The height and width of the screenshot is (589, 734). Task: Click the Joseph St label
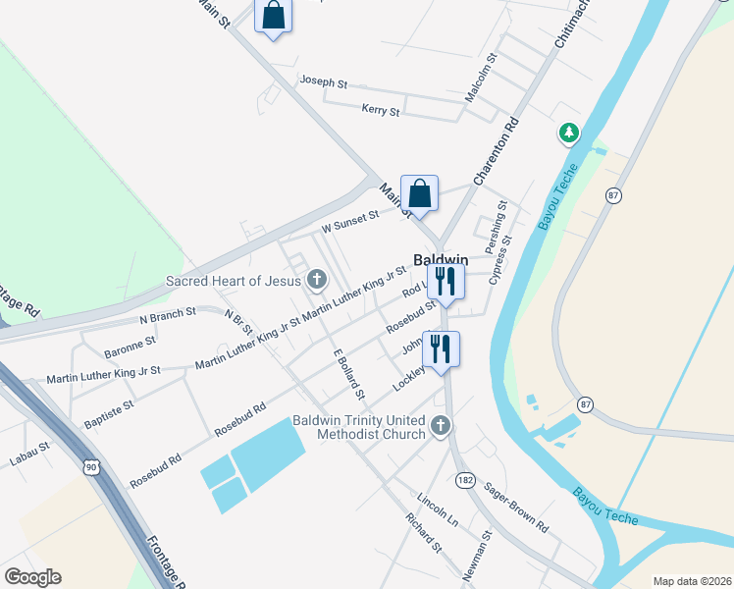click(324, 82)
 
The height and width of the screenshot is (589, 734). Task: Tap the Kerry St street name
click(380, 110)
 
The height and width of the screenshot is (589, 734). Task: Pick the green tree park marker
click(567, 132)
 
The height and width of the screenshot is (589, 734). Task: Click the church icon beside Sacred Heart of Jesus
click(317, 282)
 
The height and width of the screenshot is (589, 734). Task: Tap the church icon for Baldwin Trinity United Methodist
click(441, 426)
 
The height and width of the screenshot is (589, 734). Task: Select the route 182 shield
click(465, 479)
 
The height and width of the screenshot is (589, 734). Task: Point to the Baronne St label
click(131, 343)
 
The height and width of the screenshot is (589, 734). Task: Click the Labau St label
click(30, 458)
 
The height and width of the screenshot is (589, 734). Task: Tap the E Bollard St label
click(348, 375)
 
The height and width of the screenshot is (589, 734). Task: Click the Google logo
click(32, 577)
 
